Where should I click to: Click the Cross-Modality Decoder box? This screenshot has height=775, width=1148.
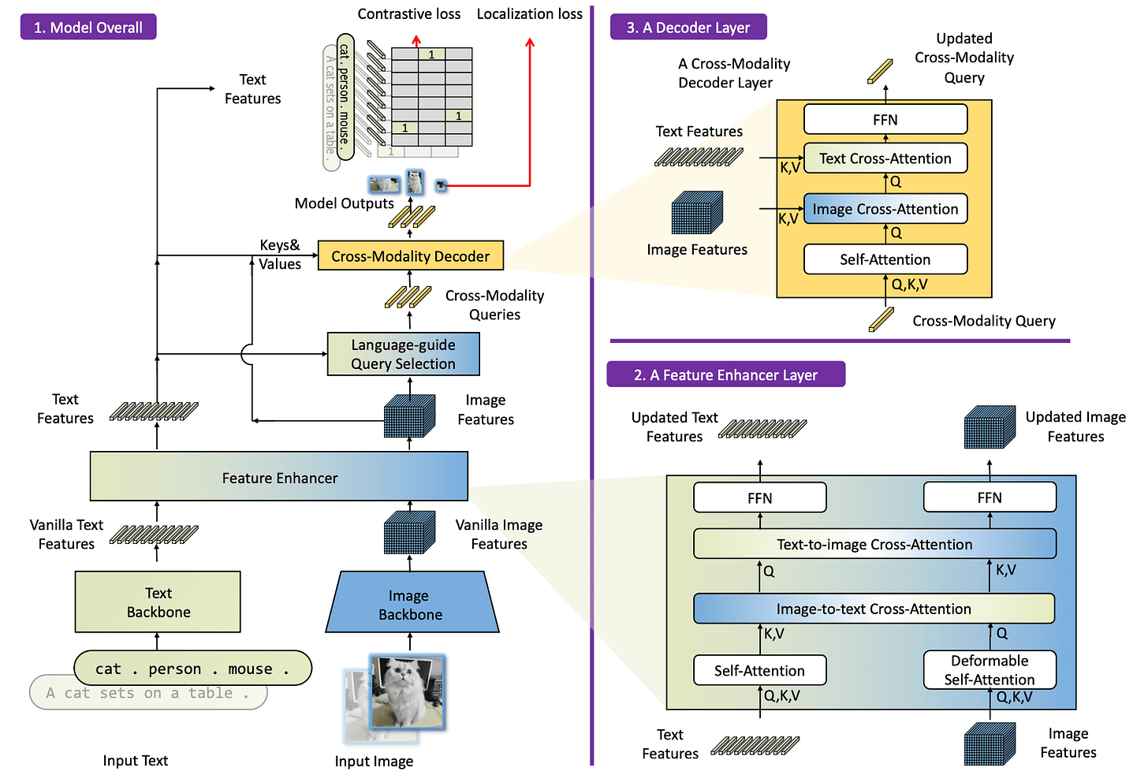(x=410, y=256)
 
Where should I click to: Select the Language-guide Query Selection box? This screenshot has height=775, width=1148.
(x=403, y=354)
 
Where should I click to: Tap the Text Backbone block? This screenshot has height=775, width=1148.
(x=158, y=602)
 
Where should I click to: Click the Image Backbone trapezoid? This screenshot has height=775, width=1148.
(x=411, y=605)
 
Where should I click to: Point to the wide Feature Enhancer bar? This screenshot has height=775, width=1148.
(x=279, y=477)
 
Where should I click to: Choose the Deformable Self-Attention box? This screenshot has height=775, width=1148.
(x=989, y=670)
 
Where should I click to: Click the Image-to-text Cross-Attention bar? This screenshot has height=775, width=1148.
(x=874, y=609)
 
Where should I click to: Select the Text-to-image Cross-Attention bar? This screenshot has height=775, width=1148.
(x=874, y=544)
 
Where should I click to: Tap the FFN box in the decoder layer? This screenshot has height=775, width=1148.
(x=885, y=120)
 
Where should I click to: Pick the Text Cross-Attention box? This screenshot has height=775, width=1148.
(x=885, y=158)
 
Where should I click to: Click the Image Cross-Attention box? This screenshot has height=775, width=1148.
(x=885, y=209)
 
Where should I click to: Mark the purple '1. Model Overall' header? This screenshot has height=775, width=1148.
(x=88, y=28)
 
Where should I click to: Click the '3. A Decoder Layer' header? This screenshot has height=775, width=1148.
(x=688, y=28)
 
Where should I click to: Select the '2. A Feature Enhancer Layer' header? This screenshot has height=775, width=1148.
(x=725, y=374)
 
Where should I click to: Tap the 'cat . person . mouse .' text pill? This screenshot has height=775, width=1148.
(x=192, y=669)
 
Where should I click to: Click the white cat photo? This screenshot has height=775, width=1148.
(x=408, y=691)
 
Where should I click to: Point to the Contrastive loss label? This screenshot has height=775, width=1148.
(x=408, y=14)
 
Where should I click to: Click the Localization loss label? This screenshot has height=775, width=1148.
(x=529, y=14)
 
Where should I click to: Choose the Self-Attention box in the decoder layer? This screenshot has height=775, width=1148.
(x=885, y=259)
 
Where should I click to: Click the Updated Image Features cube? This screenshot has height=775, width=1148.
(x=990, y=428)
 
